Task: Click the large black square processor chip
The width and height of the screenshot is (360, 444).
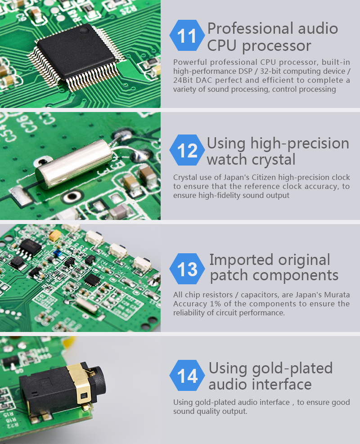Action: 75,51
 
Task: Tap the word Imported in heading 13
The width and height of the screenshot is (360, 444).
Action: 241,260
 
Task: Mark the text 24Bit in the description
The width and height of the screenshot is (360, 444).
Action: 184,80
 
